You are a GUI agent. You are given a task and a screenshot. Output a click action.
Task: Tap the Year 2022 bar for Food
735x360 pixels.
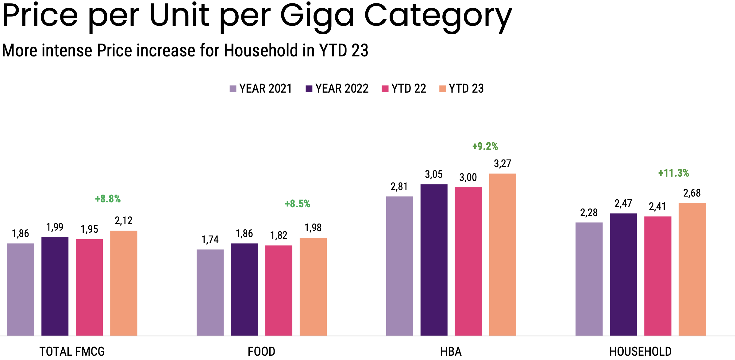tap(244, 289)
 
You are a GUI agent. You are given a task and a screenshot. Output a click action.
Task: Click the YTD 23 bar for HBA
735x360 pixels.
tap(502, 255)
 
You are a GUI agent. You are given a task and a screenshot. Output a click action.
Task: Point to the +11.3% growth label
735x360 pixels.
tap(673, 173)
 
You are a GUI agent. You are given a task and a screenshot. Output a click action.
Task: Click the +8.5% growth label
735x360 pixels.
tap(297, 204)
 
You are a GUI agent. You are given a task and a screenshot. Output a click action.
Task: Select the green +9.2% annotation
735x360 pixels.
tap(485, 147)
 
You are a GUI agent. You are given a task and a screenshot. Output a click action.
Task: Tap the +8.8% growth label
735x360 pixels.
tap(108, 199)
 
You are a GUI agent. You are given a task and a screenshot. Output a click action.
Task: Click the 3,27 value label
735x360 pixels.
tap(502, 164)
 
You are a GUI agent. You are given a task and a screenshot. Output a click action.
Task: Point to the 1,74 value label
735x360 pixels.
tap(210, 240)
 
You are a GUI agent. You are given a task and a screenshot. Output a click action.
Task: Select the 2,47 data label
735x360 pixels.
tap(623, 204)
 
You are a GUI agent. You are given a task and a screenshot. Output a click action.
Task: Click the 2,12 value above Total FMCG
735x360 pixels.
tap(123, 221)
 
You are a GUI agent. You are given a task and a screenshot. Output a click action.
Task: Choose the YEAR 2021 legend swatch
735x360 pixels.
tap(233, 89)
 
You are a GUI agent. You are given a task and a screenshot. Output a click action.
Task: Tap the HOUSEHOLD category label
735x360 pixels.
tap(640, 351)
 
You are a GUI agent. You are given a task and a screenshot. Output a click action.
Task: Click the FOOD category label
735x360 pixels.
tap(261, 351)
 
